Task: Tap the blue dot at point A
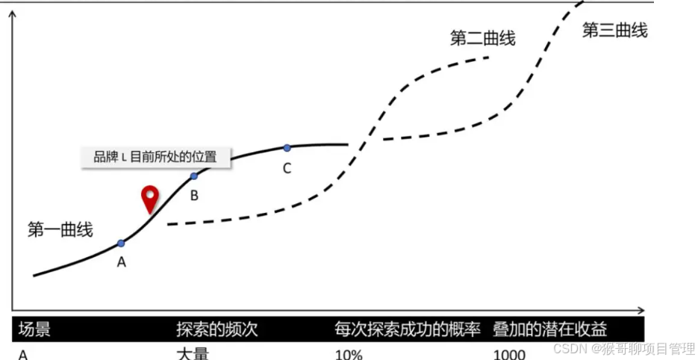[121, 243]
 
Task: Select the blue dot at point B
[194, 176]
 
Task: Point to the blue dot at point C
[287, 148]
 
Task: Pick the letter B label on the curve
[194, 196]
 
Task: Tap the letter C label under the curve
[287, 168]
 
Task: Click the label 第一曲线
[60, 229]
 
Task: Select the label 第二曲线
[482, 38]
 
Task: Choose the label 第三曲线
[614, 31]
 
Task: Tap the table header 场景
[34, 329]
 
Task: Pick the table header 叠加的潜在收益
[549, 329]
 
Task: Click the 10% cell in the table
[349, 354]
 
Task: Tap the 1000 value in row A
[509, 354]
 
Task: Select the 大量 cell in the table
[192, 353]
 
